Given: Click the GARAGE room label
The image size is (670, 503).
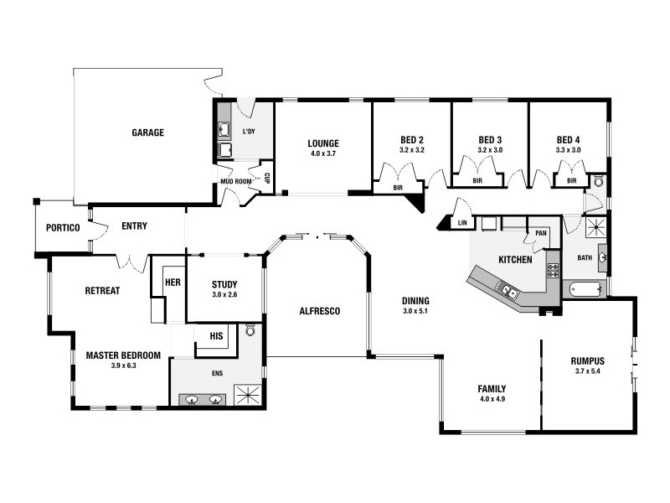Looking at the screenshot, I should pyautogui.click(x=147, y=132).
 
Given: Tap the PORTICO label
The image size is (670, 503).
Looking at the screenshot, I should pyautogui.click(x=63, y=227).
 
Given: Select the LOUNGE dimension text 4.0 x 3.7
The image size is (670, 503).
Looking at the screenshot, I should pyautogui.click(x=323, y=154).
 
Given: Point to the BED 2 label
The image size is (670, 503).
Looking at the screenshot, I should pyautogui.click(x=411, y=139).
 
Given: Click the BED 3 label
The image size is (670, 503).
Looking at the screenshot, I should pyautogui.click(x=490, y=139).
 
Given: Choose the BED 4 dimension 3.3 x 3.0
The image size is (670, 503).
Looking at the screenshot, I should pyautogui.click(x=568, y=150).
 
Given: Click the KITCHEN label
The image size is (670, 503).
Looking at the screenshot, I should pyautogui.click(x=515, y=260).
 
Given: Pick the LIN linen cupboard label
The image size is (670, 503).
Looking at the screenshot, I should pyautogui.click(x=462, y=223).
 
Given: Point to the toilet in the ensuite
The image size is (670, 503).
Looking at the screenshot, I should pyautogui.click(x=250, y=331).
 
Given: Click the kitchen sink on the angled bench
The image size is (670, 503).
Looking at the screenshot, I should pyautogui.click(x=508, y=291).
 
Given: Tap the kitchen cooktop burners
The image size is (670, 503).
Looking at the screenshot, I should pyautogui.click(x=553, y=270).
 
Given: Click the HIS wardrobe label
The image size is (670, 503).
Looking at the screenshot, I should pyautogui.click(x=217, y=335).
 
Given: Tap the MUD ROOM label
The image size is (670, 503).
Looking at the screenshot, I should pyautogui.click(x=236, y=181).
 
